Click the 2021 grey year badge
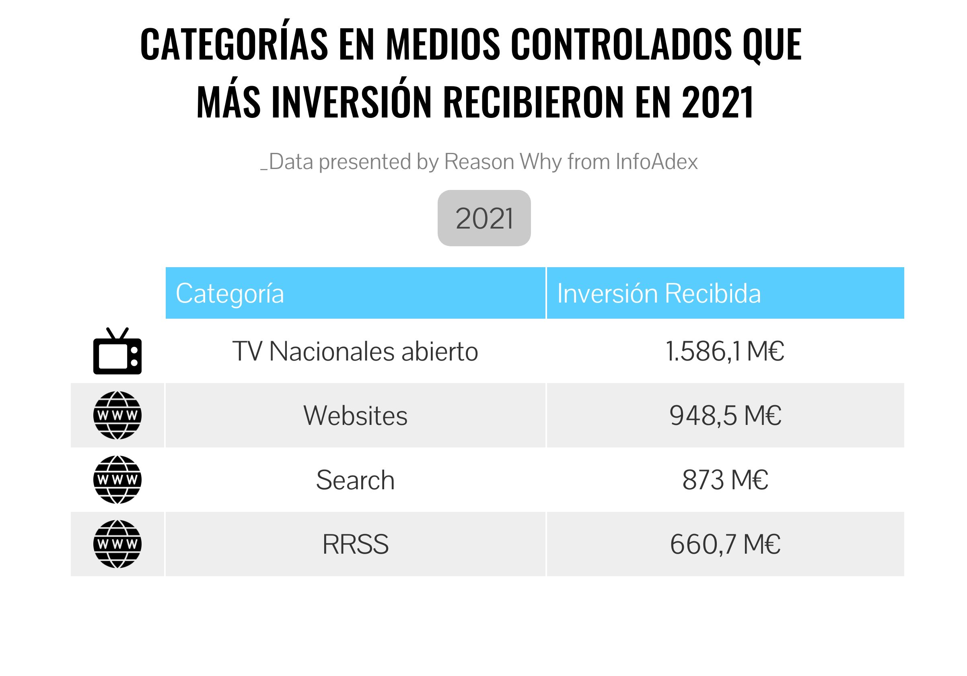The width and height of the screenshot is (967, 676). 484,218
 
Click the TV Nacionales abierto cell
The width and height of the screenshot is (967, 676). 356,351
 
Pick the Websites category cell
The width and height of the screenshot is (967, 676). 356,416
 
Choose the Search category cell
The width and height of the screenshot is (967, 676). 356,480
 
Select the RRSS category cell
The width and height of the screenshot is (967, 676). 356,544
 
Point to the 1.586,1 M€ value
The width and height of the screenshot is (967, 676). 725,351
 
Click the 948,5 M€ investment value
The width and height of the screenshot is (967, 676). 725,416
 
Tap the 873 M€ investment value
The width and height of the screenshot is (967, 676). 725,480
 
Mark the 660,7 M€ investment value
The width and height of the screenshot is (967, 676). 725,544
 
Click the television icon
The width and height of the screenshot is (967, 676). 117,351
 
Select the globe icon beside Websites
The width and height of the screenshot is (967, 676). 117,415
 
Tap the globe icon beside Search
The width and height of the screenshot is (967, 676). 117,480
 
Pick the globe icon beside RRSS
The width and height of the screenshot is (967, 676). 117,544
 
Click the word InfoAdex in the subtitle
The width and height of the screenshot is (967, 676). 656,162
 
